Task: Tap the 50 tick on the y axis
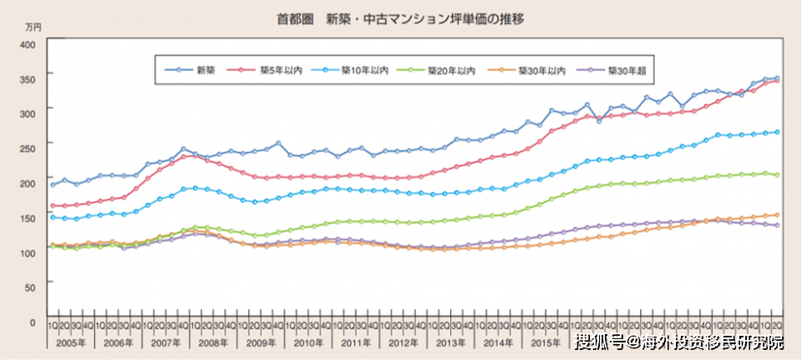(29, 286)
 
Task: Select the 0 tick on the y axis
(32, 322)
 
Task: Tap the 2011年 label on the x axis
(357, 342)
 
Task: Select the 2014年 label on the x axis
(500, 342)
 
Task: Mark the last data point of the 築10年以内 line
(778, 132)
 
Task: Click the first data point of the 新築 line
(53, 185)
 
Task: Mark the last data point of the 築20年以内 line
(778, 175)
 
